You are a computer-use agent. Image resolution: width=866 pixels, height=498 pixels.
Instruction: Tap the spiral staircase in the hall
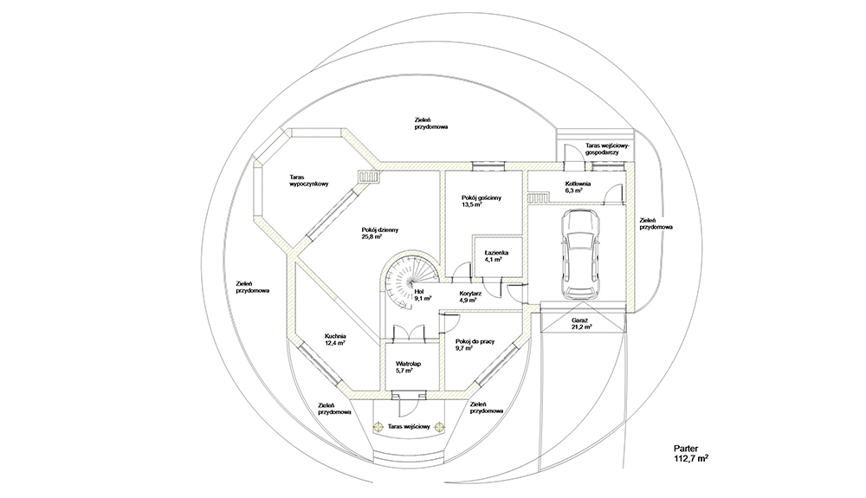[402, 281]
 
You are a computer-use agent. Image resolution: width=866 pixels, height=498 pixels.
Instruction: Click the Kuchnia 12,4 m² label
[335, 340]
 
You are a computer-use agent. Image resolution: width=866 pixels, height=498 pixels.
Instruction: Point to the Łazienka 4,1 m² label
[497, 255]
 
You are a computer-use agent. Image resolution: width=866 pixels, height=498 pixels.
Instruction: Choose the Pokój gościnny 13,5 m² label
[482, 202]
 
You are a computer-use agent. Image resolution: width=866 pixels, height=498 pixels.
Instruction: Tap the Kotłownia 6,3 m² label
[578, 187]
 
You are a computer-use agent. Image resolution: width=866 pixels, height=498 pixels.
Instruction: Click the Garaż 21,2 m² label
[580, 325]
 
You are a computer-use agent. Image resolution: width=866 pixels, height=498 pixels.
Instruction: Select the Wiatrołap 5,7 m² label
[408, 367]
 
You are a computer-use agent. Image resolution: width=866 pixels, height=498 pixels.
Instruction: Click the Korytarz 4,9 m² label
[472, 296]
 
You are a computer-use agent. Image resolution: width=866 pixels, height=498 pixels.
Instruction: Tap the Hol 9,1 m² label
[423, 296]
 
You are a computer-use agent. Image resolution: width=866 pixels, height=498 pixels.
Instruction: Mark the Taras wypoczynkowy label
[308, 181]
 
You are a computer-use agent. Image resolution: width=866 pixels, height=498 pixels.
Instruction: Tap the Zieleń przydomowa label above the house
[430, 123]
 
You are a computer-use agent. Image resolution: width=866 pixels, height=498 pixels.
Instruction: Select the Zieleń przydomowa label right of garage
[656, 223]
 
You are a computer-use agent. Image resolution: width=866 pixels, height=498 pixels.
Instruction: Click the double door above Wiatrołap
[407, 333]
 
